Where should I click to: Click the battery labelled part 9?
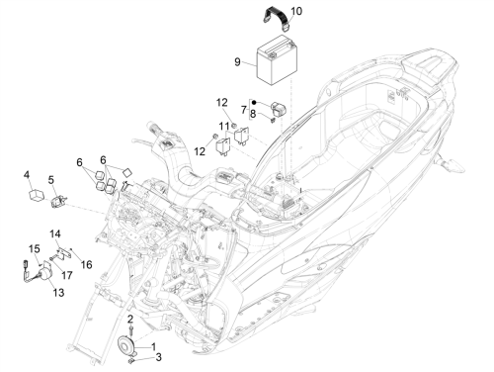pos(277,60)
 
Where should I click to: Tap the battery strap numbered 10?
pos(278,18)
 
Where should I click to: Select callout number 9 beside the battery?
pos(237,62)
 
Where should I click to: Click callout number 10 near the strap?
pos(296,11)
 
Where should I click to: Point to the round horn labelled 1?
pos(125,344)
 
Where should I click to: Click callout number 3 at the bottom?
pos(158,357)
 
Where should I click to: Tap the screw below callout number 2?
pos(131,330)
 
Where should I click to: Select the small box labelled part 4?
pos(36,195)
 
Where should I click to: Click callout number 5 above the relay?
pos(50,180)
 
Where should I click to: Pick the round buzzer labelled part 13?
pos(44,274)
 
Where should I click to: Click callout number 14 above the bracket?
pos(55,234)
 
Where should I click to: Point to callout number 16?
pos(87,264)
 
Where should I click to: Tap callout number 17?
pos(67,275)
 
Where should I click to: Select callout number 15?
pos(35,249)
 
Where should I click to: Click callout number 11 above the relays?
pos(224,126)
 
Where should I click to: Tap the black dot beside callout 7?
pos(254,103)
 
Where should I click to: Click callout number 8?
pos(253,114)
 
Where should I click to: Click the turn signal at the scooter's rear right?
pos(451,164)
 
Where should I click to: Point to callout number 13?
pos(58,293)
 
